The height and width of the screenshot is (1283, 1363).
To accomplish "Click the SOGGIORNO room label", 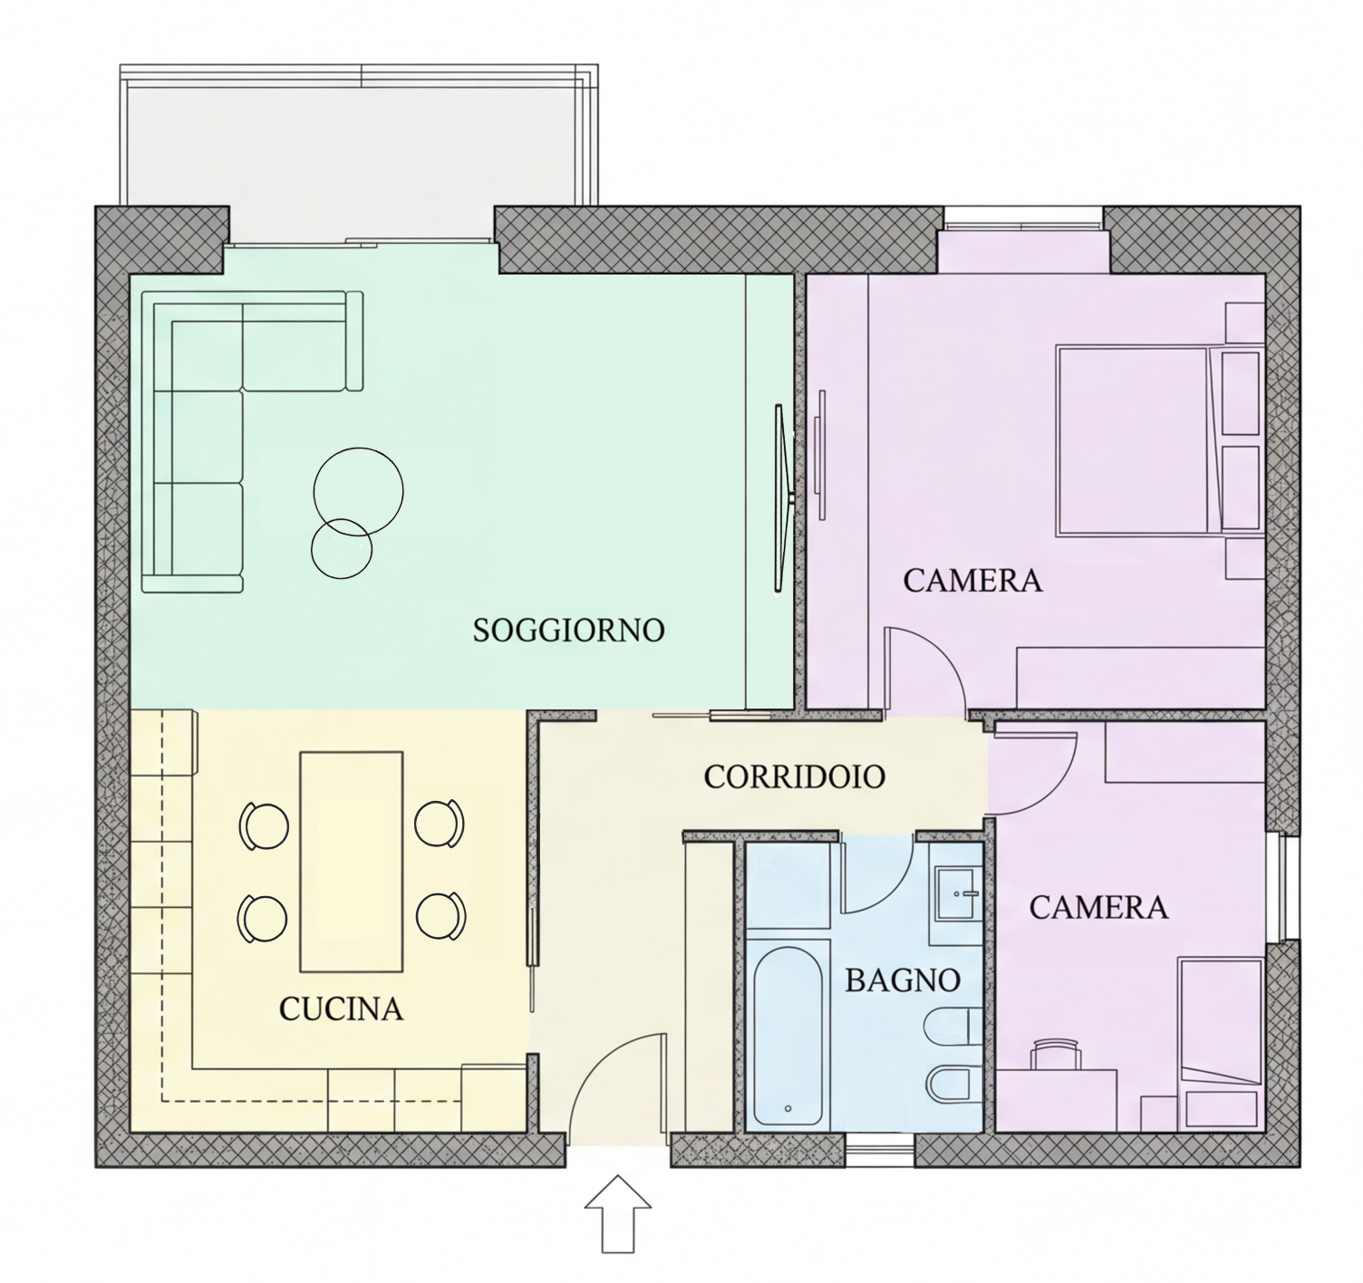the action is (x=569, y=630).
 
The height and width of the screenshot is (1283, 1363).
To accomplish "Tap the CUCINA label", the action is (x=341, y=1009).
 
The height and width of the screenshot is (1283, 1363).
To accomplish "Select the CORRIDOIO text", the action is (x=795, y=777).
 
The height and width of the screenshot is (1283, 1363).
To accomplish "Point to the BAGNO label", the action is (x=903, y=980).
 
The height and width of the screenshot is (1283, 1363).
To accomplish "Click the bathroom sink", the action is (x=958, y=893).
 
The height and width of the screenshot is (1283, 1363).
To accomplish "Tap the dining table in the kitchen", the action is (x=352, y=862).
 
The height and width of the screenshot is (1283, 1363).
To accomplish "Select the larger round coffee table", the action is (x=358, y=491).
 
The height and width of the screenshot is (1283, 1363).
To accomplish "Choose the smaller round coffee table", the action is (x=341, y=548).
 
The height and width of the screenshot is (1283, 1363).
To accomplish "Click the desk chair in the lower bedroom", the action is (x=1056, y=1053).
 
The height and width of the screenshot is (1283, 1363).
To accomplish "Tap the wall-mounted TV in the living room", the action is (x=779, y=497).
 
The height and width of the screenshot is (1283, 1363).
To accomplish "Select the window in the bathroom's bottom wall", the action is (x=879, y=1149).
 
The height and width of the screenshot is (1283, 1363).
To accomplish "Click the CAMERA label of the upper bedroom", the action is (x=972, y=580).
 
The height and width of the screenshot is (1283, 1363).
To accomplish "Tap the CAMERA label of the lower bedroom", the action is (x=1098, y=908).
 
